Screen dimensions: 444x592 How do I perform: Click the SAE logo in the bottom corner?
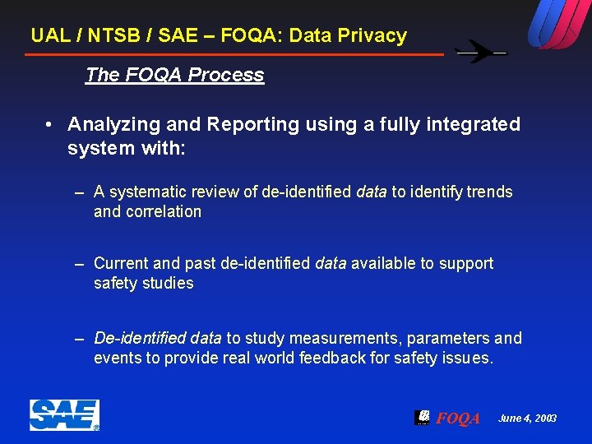pyautogui.click(x=64, y=415)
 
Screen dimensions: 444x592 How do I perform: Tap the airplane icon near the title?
pyautogui.click(x=481, y=53)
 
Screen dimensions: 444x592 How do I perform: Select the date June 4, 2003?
pyautogui.click(x=527, y=419)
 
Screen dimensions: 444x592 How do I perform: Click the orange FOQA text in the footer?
pyautogui.click(x=457, y=419)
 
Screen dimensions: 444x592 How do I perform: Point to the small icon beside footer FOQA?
pyautogui.click(x=422, y=417)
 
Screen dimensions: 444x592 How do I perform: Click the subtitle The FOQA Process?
pyautogui.click(x=174, y=75)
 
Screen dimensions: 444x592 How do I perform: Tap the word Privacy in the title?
pyautogui.click(x=372, y=35)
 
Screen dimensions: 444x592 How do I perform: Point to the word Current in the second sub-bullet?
pyautogui.click(x=122, y=264)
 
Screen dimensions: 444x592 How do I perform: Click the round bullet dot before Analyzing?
pyautogui.click(x=50, y=124)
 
